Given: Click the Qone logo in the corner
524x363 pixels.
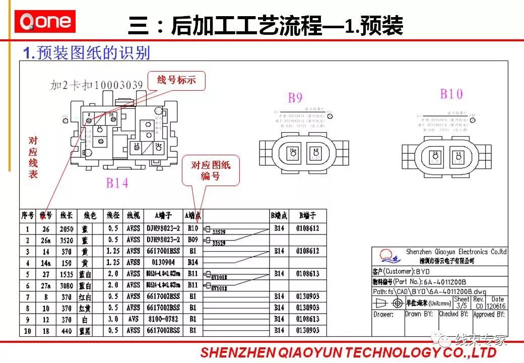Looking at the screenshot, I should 45,22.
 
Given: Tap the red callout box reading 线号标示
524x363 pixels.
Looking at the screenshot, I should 176,80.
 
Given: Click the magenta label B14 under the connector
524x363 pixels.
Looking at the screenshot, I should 117,184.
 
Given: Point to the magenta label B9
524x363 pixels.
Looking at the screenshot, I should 295,98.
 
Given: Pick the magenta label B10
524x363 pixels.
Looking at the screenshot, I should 451,94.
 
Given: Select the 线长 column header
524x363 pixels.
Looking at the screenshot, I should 66,216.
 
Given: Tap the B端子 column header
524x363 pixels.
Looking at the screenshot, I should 307,216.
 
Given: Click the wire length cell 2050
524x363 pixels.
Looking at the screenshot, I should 66,228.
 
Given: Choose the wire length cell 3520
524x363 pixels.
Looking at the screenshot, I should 66,239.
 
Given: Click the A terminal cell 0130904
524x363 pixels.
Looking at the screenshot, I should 163,262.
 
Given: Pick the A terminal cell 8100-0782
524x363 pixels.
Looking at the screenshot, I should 163,319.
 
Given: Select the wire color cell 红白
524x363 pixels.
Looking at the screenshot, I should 91,296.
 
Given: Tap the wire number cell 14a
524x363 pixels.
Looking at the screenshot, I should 46,262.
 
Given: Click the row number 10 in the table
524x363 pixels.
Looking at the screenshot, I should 27,331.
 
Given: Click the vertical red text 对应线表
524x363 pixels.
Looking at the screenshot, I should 33,157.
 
